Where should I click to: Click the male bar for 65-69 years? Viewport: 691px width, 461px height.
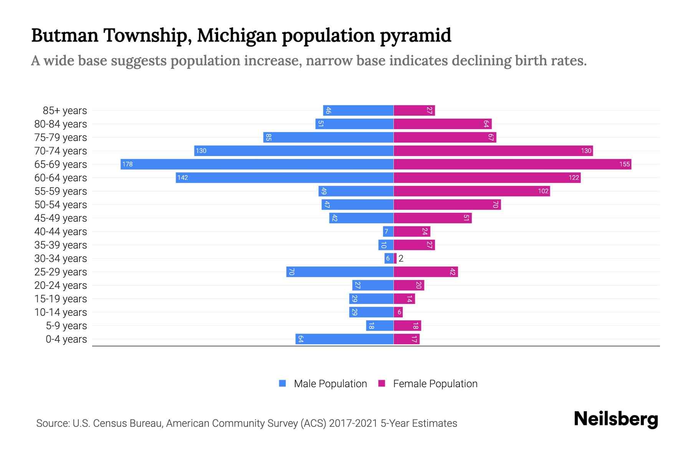[x=257, y=164]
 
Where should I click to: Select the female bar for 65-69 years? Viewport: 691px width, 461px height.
[x=512, y=164]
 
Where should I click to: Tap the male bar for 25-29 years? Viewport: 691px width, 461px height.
[x=340, y=272]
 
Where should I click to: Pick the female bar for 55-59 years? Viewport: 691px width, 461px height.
[x=471, y=191]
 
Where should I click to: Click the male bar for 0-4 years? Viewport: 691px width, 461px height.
[x=344, y=339]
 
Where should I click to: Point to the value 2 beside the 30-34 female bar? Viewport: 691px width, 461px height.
[x=401, y=258]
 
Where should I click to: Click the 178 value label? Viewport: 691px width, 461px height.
[x=127, y=164]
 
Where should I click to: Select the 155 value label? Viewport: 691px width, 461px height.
[x=624, y=164]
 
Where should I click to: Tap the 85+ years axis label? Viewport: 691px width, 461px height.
[x=65, y=111]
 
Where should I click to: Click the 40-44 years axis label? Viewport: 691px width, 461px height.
[x=61, y=232]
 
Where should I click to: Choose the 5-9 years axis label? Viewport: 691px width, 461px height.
[x=66, y=326]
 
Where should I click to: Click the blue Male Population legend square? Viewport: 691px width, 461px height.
[x=283, y=383]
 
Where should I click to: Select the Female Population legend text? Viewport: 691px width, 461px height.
[x=435, y=383]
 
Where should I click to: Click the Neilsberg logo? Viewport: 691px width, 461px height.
[x=616, y=419]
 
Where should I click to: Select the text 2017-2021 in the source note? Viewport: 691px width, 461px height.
[x=353, y=423]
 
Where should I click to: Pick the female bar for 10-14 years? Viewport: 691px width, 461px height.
[x=398, y=312]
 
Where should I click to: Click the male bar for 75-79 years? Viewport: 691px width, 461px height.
[x=328, y=137]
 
